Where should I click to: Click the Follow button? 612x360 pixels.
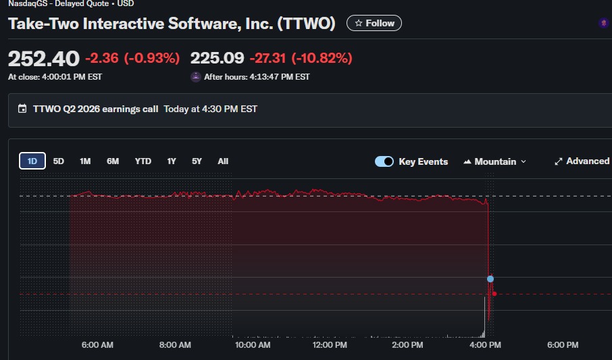[374, 23]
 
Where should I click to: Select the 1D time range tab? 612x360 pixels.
[32, 161]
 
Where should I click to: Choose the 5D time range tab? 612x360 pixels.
[59, 161]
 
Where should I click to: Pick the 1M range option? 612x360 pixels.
[85, 161]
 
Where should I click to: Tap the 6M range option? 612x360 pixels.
[113, 161]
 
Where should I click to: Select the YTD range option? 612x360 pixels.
[143, 161]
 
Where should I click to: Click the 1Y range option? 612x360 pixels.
[172, 161]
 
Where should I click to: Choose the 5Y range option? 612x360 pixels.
[197, 161]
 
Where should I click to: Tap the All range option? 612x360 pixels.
[223, 161]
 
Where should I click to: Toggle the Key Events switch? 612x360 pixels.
[384, 161]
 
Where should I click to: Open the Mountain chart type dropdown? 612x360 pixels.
[495, 161]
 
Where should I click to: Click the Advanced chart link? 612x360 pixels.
[582, 161]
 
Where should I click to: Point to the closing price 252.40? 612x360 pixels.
[43, 59]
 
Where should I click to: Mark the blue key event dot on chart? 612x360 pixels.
[490, 278]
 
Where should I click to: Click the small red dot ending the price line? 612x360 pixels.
[494, 293]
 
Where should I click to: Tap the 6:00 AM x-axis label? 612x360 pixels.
[97, 345]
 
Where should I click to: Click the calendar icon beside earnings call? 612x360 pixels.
[22, 109]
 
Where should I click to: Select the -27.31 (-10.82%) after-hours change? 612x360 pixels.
[301, 59]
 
